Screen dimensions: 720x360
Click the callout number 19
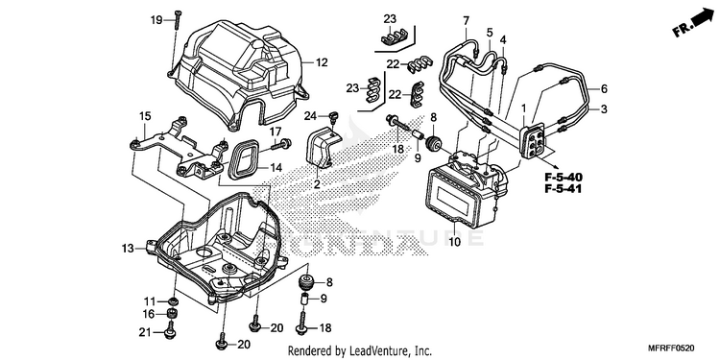click(156, 20)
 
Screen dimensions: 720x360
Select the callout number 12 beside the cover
click(322, 62)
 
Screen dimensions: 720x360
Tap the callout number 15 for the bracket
click(145, 116)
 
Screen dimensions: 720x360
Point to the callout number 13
click(128, 249)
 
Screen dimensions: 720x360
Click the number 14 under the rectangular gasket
click(276, 168)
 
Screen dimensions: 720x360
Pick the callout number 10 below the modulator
click(455, 242)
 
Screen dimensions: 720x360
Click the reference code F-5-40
click(564, 177)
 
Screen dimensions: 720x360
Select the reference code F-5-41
click(564, 188)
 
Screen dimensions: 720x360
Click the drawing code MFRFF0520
click(672, 348)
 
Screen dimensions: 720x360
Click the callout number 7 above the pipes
click(466, 21)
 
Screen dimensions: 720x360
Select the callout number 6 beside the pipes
click(604, 88)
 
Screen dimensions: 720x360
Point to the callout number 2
click(317, 185)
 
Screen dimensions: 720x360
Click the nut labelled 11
click(173, 301)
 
